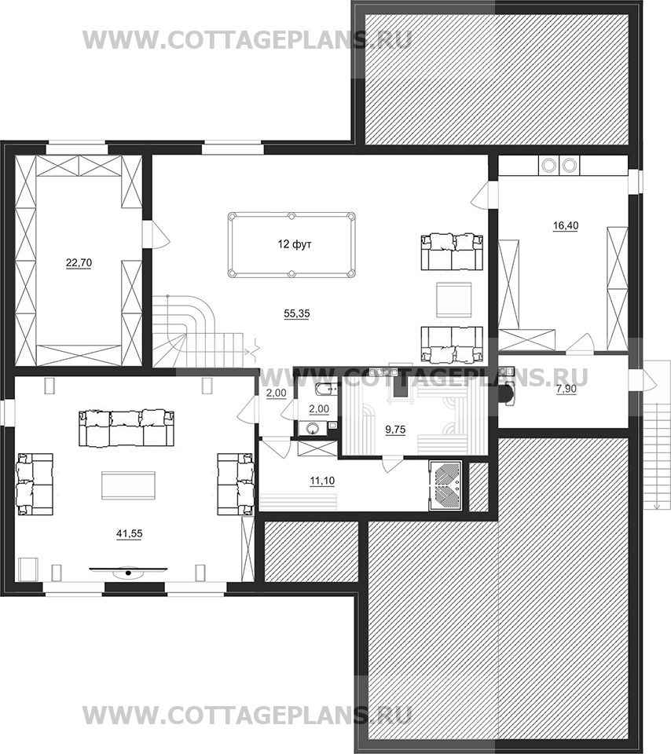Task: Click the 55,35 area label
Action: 297,313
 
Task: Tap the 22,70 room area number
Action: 79,262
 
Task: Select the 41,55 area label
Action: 130,533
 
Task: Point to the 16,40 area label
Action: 566,225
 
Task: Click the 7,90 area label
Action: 566,389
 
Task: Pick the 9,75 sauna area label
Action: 395,430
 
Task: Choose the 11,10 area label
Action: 322,481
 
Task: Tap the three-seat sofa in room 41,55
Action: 126,428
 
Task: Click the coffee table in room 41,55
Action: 128,485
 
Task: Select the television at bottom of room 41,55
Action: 128,571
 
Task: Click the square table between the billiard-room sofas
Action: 453,299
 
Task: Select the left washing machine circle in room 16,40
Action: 548,166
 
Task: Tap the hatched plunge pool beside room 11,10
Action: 445,485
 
